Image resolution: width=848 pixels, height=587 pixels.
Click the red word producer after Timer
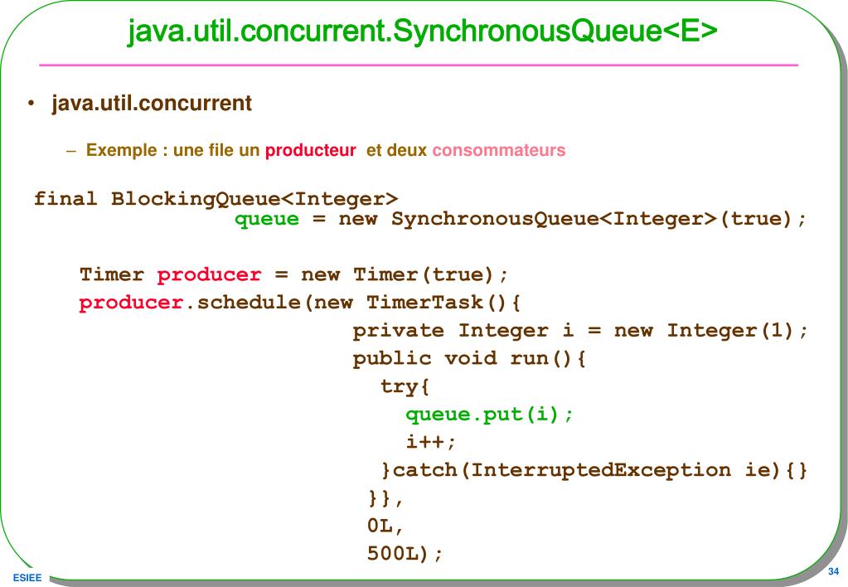pyautogui.click(x=209, y=274)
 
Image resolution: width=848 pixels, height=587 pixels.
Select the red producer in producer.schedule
pyautogui.click(x=130, y=303)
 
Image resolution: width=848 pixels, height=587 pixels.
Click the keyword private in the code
pyautogui.click(x=399, y=331)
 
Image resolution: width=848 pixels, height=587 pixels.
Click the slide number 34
pyautogui.click(x=833, y=572)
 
